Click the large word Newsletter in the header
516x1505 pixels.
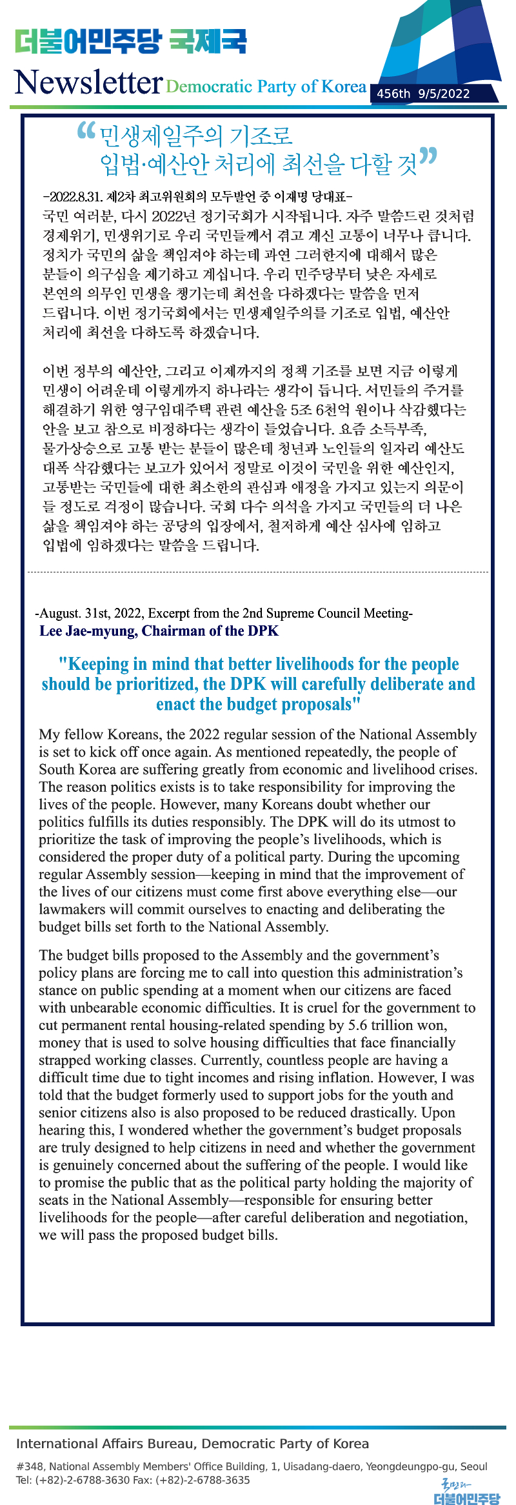(x=88, y=83)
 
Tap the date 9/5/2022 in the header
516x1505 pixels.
(x=444, y=94)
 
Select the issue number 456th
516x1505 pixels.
(x=393, y=94)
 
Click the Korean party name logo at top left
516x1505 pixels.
(x=130, y=41)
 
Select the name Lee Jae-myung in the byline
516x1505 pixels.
(x=88, y=631)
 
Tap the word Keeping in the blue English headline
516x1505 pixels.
(x=98, y=664)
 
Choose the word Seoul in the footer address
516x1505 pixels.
(x=474, y=1466)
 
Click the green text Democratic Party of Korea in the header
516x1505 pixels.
(x=266, y=86)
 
